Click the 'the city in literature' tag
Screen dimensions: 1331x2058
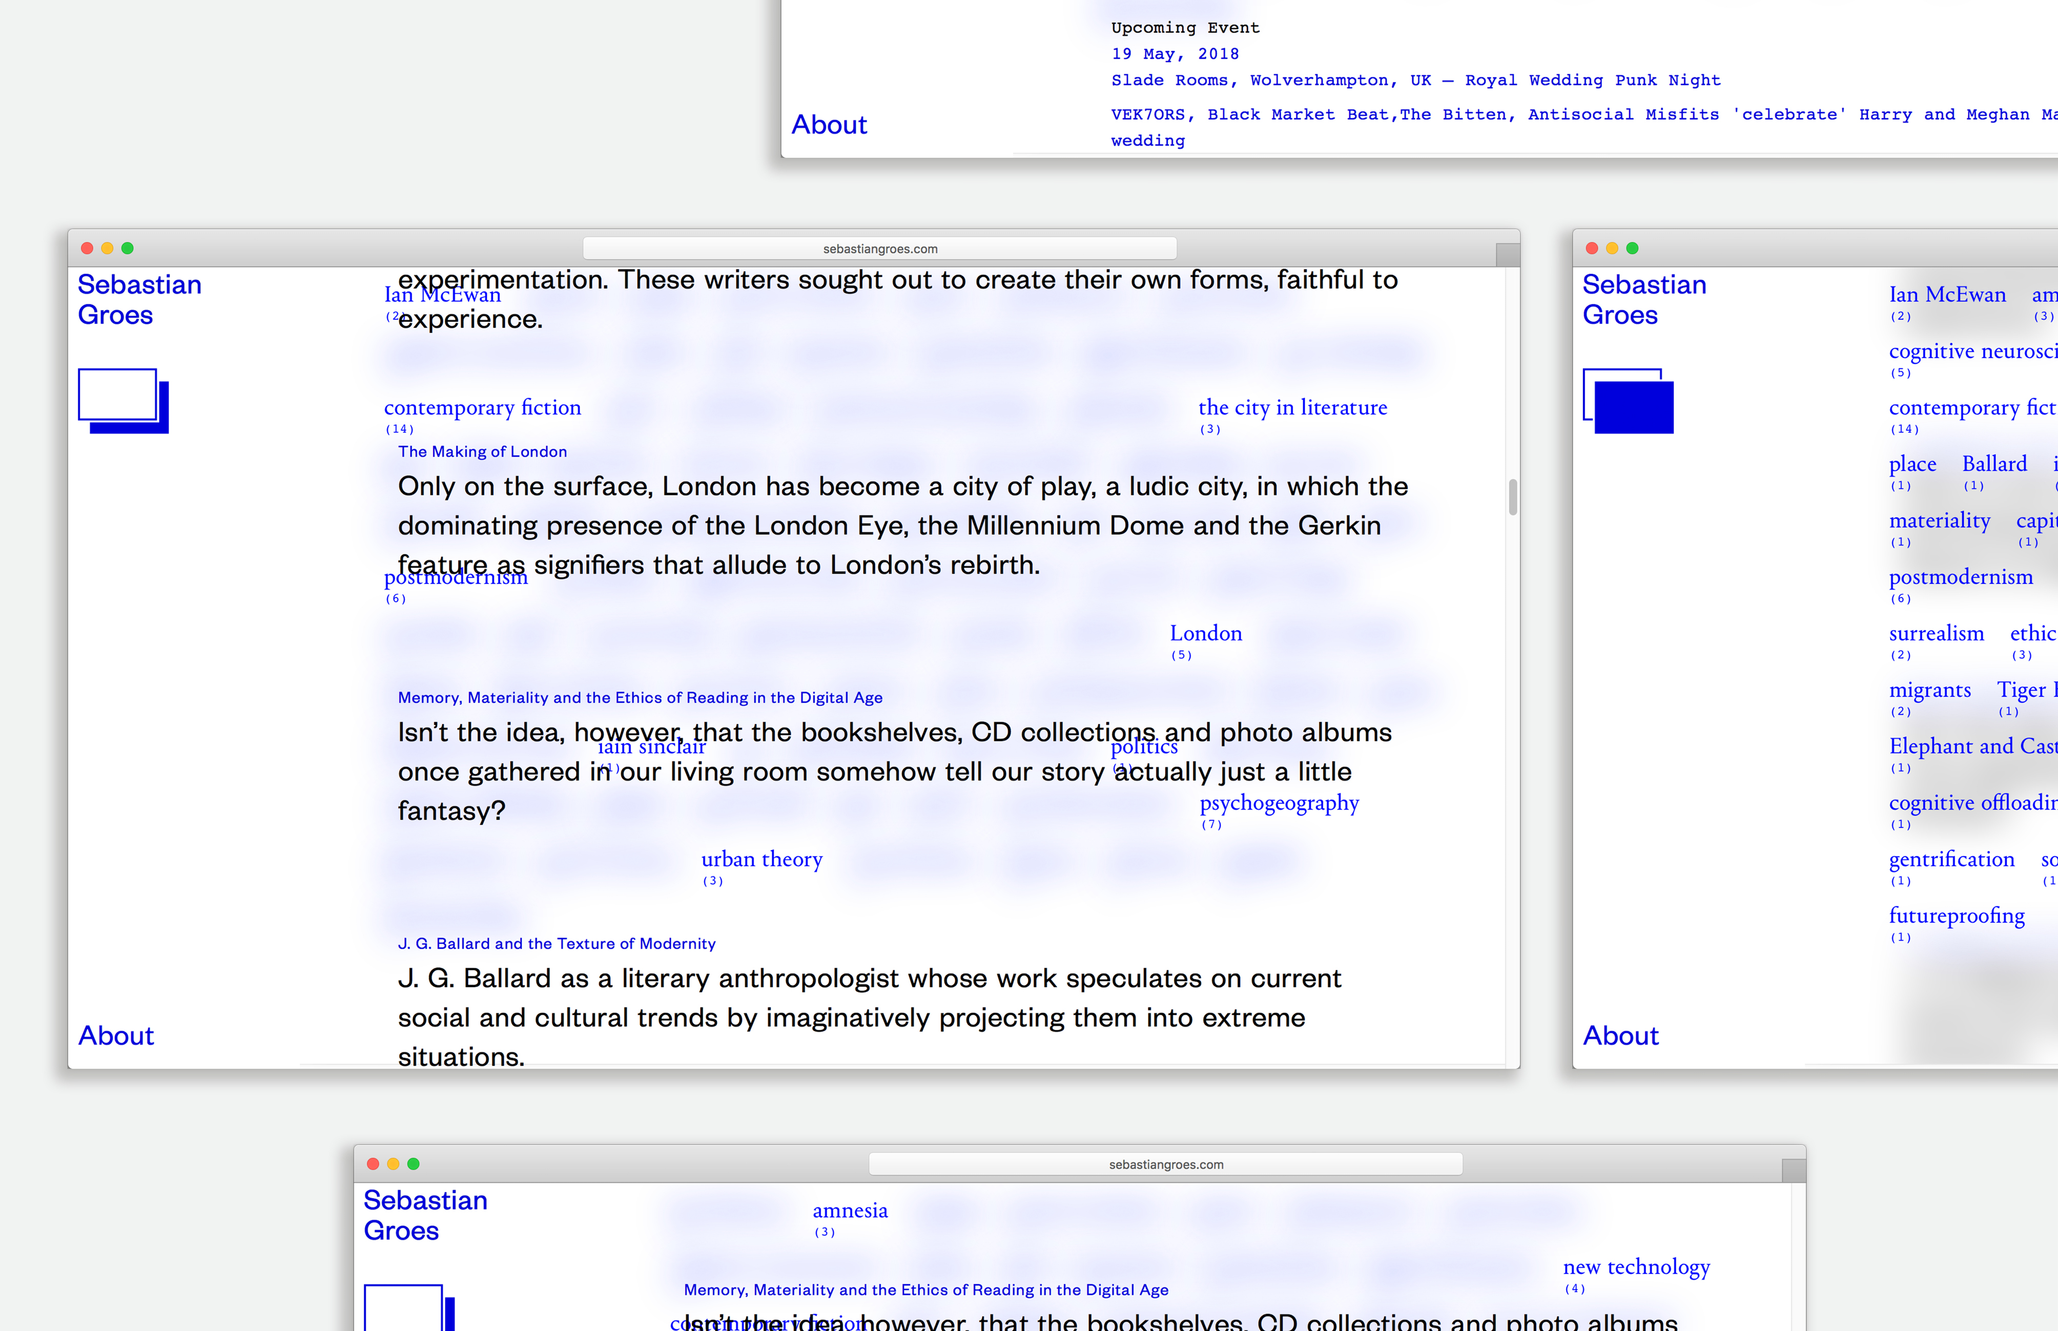pyautogui.click(x=1292, y=408)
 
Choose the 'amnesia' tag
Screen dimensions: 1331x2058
pyautogui.click(x=850, y=1211)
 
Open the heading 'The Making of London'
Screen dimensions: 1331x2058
pyautogui.click(x=482, y=452)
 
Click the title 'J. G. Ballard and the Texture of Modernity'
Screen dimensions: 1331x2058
pyautogui.click(x=557, y=944)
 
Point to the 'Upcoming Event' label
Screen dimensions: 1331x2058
pyautogui.click(x=1185, y=28)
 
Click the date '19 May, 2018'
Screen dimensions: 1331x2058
pyautogui.click(x=1175, y=54)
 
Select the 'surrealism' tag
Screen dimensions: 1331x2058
pyautogui.click(x=1936, y=634)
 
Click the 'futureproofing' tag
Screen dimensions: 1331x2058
pyautogui.click(x=1956, y=916)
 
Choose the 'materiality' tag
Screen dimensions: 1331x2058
pyautogui.click(x=1939, y=521)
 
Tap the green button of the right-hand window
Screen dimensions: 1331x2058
pyautogui.click(x=1632, y=249)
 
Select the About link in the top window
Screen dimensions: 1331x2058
pyautogui.click(x=829, y=126)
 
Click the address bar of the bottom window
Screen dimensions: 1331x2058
pyautogui.click(x=1165, y=1164)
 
